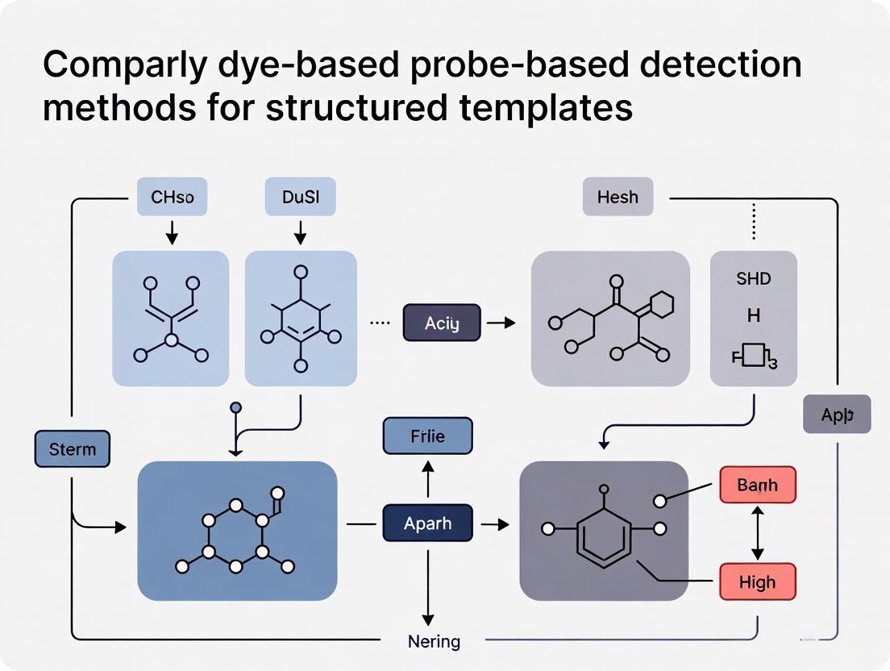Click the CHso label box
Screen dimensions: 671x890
pyautogui.click(x=172, y=197)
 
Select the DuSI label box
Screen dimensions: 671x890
pyautogui.click(x=300, y=197)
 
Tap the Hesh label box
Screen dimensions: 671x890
pyautogui.click(x=618, y=197)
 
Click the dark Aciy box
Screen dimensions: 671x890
pyautogui.click(x=441, y=323)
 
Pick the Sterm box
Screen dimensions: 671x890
pyautogui.click(x=72, y=448)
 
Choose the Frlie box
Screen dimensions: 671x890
pyautogui.click(x=427, y=436)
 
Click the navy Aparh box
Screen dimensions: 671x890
pyautogui.click(x=427, y=523)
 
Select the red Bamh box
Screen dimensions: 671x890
pyautogui.click(x=757, y=486)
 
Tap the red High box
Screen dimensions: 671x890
pyautogui.click(x=757, y=581)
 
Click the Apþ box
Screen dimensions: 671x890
pyautogui.click(x=837, y=415)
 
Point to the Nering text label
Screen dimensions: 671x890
pyautogui.click(x=434, y=642)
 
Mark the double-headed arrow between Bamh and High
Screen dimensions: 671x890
pyautogui.click(x=757, y=533)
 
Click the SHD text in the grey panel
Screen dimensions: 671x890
pyautogui.click(x=753, y=279)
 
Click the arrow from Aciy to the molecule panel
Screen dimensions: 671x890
pyautogui.click(x=501, y=323)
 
